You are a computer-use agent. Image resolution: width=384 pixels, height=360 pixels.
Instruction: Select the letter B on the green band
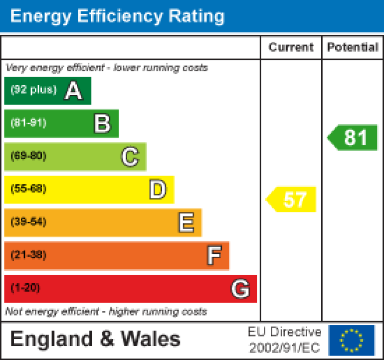102,124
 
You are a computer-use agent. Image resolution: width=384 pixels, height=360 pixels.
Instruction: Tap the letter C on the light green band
130,157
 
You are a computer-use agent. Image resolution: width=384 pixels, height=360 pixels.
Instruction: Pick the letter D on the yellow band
158,189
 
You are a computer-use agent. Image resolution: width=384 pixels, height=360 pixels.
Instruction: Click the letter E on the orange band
186,222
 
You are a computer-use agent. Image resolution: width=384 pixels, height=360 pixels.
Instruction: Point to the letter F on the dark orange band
214,256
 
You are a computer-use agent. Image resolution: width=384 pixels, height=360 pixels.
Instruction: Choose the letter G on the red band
240,289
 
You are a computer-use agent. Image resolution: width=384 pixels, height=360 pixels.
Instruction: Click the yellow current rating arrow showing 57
292,199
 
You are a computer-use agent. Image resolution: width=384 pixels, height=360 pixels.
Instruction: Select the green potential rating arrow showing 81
353,138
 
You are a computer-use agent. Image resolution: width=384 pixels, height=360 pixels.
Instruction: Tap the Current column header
291,47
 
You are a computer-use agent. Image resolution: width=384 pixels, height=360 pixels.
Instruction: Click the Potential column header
353,47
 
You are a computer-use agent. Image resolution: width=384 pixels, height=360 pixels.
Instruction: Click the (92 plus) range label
33,90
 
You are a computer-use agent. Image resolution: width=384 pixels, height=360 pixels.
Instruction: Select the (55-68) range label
28,189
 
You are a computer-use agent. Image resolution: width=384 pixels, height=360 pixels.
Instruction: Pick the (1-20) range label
25,288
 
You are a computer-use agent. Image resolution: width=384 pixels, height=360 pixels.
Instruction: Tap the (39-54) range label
28,222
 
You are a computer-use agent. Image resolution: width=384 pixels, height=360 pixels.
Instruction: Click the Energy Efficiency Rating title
117,16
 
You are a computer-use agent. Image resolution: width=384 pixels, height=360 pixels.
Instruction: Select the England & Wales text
95,340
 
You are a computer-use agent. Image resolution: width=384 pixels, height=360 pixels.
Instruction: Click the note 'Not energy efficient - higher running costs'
106,312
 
